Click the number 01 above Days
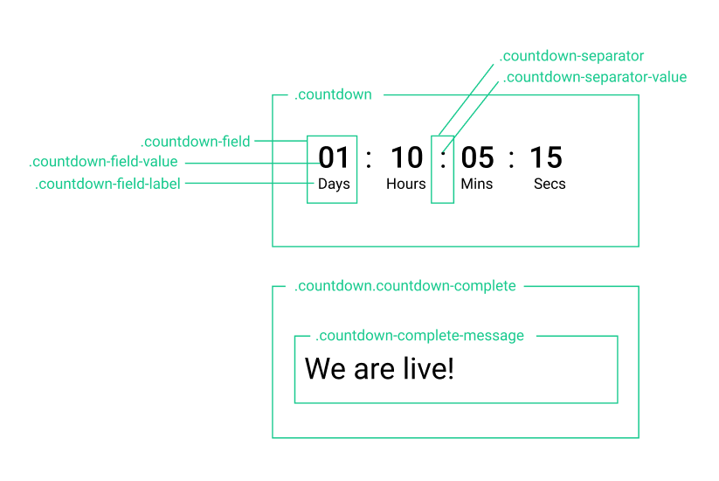coord(334,157)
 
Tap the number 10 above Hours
coord(407,157)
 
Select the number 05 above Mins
coord(477,157)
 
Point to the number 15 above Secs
coord(546,157)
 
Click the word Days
coord(334,184)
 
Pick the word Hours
coord(406,184)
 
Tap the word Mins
coord(477,184)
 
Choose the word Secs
coord(550,184)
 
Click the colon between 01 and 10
coord(369,159)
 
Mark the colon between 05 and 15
coord(511,159)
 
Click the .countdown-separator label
coord(571,56)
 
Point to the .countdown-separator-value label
coord(595,77)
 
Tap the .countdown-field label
coord(196,142)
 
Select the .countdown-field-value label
coord(103,162)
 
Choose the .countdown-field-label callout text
coord(107,184)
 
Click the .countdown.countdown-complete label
coord(404,286)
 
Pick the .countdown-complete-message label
coord(419,336)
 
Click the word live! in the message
coord(429,368)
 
